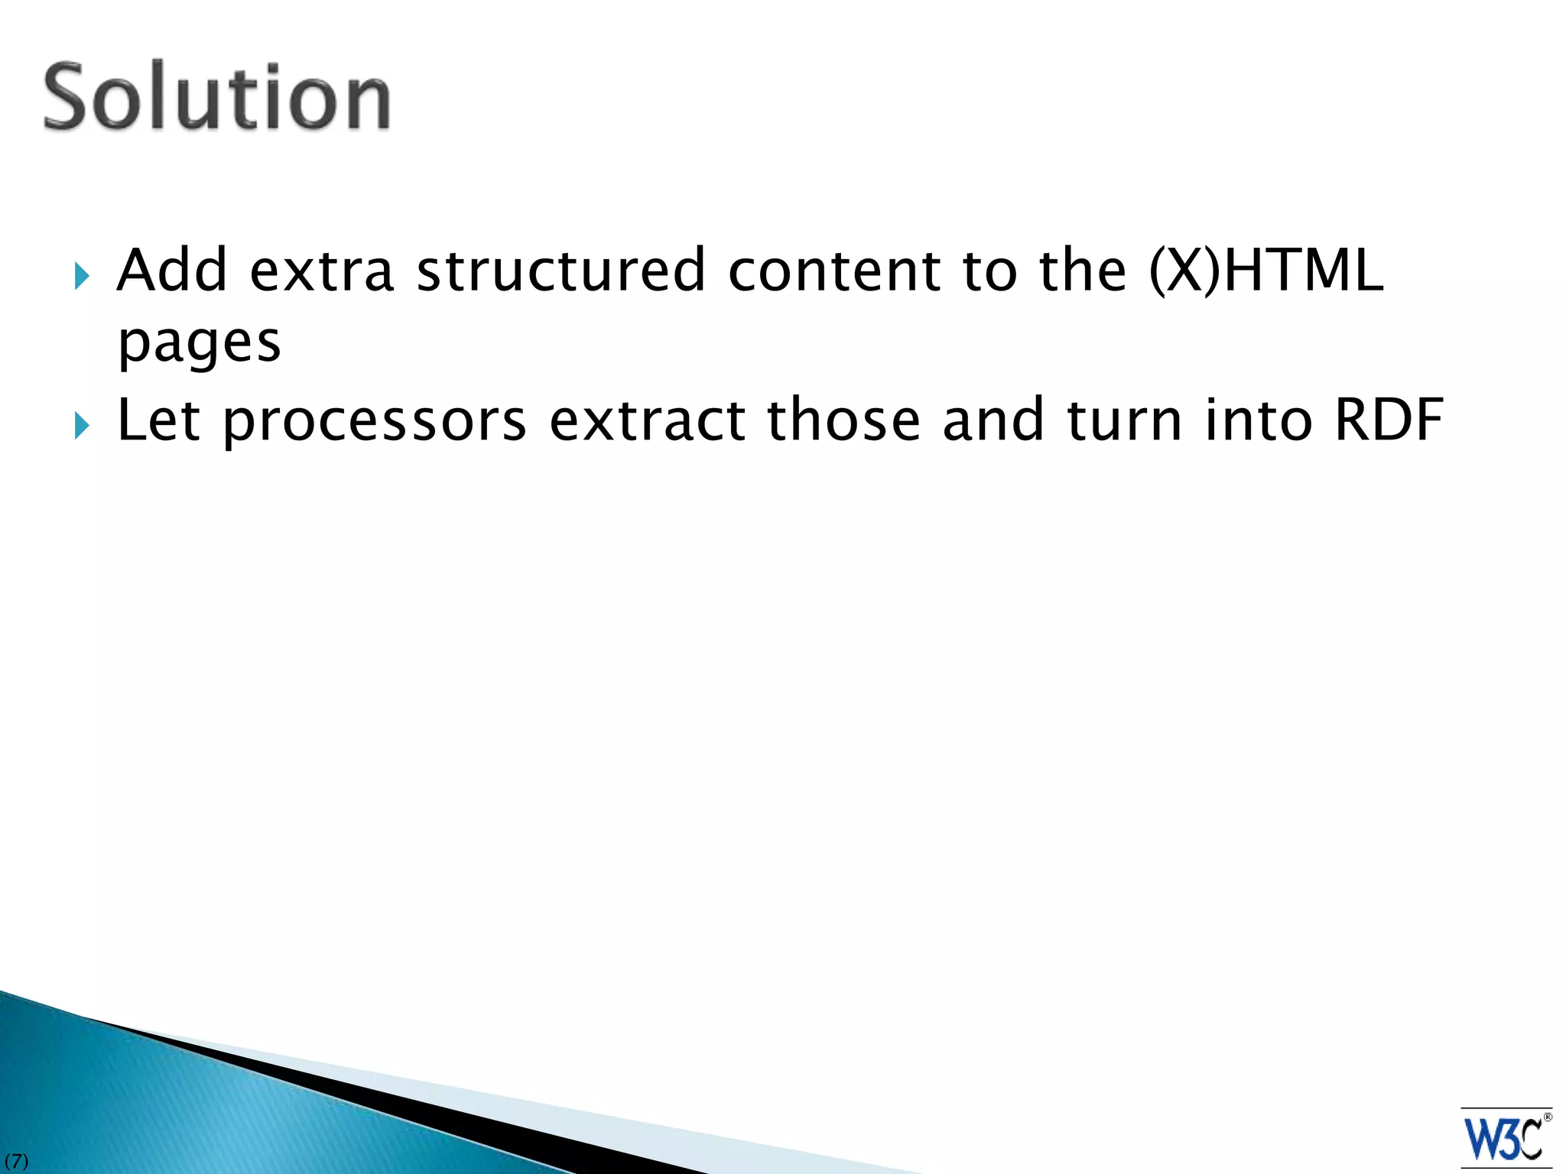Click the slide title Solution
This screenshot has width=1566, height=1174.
pos(217,97)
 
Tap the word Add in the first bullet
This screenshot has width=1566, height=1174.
pos(172,271)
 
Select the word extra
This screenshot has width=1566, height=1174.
pos(321,271)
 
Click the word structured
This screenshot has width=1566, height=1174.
pos(560,271)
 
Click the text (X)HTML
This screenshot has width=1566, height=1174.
pos(1266,271)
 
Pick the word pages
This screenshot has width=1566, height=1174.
pos(200,343)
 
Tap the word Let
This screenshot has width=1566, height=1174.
pos(158,420)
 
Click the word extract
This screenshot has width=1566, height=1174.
pos(648,421)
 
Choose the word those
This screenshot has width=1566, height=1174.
pos(843,420)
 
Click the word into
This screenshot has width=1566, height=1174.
pos(1259,420)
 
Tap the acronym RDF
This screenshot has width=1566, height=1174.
pos(1389,420)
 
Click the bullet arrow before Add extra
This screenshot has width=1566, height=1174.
pos(83,276)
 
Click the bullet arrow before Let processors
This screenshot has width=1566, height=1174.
pos(83,426)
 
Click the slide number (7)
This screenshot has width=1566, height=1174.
pos(16,1162)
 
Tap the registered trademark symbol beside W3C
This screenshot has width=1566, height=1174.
pos(1548,1117)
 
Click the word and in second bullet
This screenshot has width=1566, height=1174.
pos(993,420)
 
